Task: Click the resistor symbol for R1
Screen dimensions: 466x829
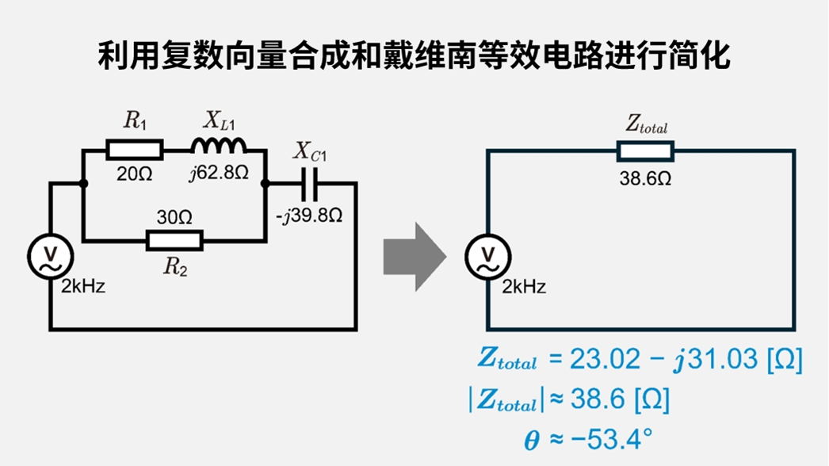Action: pos(135,149)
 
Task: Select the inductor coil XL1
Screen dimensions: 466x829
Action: pos(218,146)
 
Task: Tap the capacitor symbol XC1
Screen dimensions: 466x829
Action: pos(311,182)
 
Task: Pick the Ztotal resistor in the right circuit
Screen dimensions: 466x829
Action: pos(646,151)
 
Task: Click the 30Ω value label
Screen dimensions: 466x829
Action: pos(174,216)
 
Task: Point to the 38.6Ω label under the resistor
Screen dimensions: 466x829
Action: pos(645,178)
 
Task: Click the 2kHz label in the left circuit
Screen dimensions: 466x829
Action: pos(83,287)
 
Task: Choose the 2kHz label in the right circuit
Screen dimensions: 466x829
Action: pos(524,287)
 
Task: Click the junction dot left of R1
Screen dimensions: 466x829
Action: pos(83,183)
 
